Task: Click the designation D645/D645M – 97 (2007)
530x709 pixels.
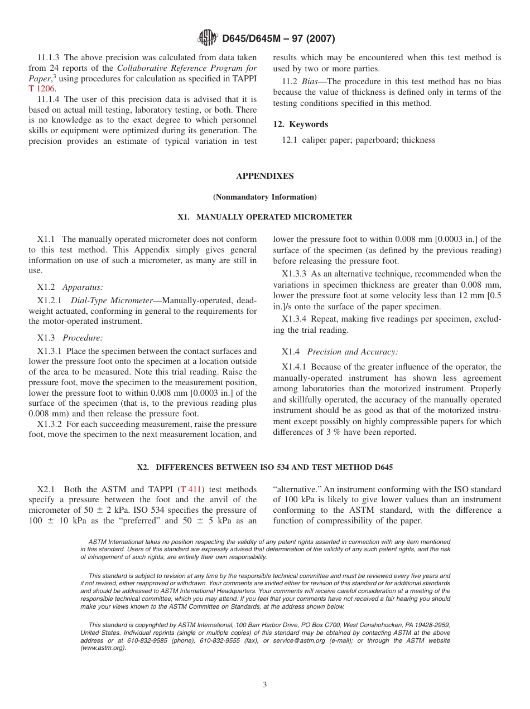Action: pyautogui.click(x=278, y=38)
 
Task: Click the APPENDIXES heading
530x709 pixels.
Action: pyautogui.click(x=264, y=176)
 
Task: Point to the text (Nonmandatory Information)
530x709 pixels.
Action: pyautogui.click(x=264, y=197)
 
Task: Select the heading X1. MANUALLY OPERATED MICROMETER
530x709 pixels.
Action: pyautogui.click(x=264, y=217)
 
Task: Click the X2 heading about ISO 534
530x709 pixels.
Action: pyautogui.click(x=264, y=467)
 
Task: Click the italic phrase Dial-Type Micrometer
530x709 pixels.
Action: pyautogui.click(x=111, y=300)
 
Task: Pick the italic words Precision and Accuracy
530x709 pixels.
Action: pyautogui.click(x=352, y=352)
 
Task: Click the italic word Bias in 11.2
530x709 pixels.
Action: pyautogui.click(x=311, y=81)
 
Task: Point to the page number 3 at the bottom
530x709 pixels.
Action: pyautogui.click(x=264, y=685)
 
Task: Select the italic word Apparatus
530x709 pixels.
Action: pyautogui.click(x=83, y=287)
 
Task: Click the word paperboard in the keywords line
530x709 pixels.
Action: pyautogui.click(x=372, y=140)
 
